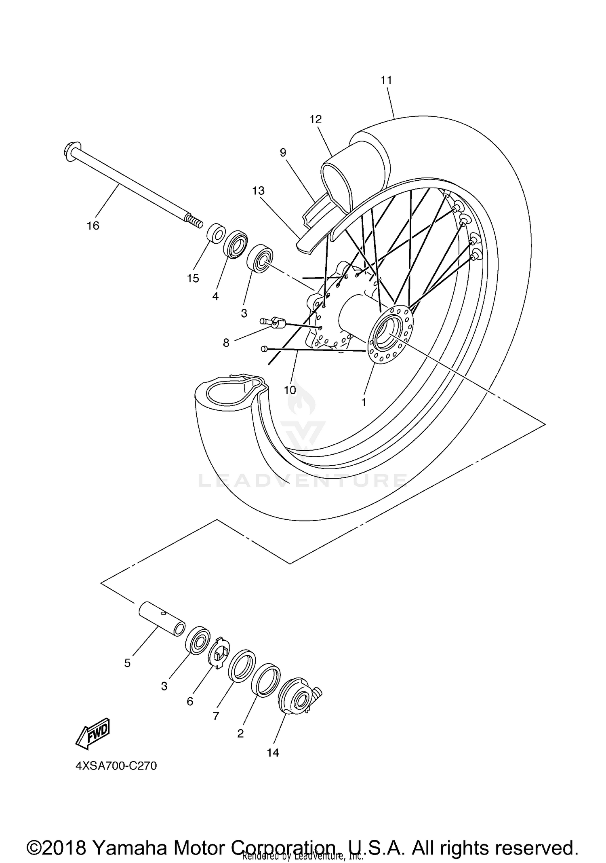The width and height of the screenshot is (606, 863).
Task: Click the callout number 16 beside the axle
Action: (93, 226)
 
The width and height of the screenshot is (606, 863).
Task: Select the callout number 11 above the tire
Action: (386, 80)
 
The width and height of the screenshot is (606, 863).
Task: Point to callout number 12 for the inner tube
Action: (316, 120)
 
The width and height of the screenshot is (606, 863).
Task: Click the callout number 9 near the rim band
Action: (283, 153)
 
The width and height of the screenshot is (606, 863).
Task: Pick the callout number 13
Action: (258, 190)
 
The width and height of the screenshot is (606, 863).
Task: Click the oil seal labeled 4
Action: (235, 245)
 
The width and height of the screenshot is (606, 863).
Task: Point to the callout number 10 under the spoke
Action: (290, 390)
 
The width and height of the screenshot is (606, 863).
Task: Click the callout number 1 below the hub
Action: (364, 402)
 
